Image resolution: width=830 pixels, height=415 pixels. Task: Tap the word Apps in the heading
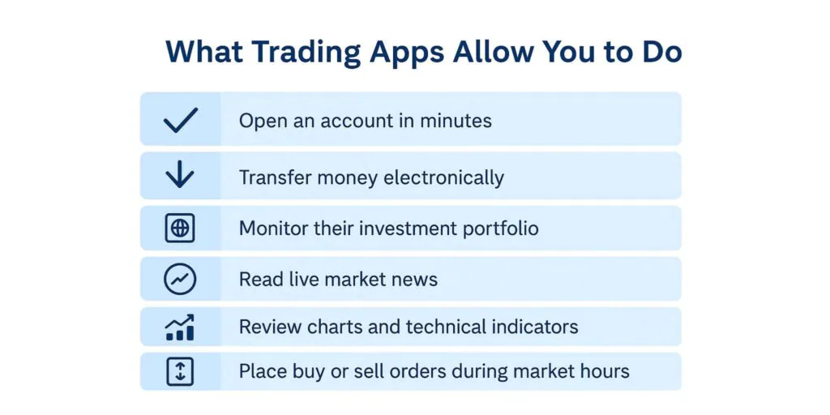pos(406,53)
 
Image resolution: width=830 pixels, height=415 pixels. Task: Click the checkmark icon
pos(181,120)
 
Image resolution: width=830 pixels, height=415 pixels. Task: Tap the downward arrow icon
pos(180,174)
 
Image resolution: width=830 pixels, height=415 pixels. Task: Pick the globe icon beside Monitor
pos(180,229)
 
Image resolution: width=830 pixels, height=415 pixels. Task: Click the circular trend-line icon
pos(180,279)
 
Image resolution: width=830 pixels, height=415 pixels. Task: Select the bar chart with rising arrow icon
pos(180,327)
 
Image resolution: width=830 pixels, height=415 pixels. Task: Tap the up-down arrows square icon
pos(180,371)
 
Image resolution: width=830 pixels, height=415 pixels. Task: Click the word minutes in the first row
pos(456,121)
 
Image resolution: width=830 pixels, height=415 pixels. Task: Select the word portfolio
pos(501,228)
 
